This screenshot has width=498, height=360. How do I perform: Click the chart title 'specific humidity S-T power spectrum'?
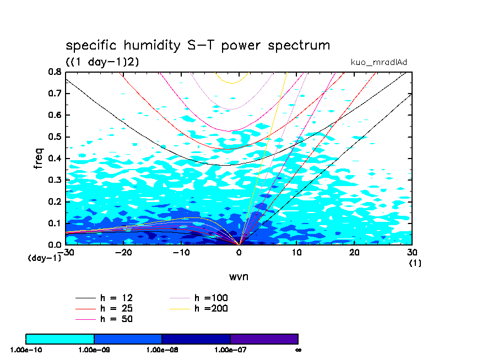[198, 45]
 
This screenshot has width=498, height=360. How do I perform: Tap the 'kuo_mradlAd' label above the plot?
[378, 62]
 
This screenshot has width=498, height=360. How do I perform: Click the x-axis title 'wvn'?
[239, 276]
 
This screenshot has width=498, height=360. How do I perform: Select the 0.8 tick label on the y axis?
[55, 72]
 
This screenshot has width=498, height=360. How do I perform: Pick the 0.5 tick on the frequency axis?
[55, 137]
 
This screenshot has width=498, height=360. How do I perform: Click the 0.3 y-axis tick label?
[55, 180]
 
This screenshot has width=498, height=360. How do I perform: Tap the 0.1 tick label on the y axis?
[55, 223]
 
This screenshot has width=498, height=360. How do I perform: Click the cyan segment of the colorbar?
[60, 339]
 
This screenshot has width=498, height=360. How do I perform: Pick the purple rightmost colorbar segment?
[264, 339]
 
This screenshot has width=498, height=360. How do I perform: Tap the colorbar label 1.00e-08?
[161, 349]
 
